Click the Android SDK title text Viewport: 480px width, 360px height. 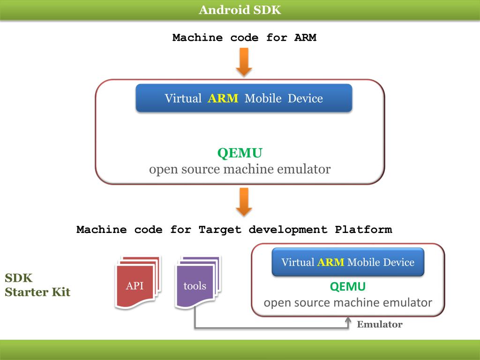(240, 10)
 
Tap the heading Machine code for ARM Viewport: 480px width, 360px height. (244, 37)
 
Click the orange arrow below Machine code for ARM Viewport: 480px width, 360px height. (244, 62)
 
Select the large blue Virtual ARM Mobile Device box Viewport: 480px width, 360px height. (244, 98)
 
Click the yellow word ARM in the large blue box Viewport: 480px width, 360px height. (223, 98)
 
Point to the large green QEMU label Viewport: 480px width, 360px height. (240, 153)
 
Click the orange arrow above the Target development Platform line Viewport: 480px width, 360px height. (244, 202)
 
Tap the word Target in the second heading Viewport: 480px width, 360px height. (220, 230)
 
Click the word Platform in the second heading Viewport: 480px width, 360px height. (363, 229)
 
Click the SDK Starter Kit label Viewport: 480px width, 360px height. (37, 285)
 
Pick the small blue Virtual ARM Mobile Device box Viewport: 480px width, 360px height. (348, 262)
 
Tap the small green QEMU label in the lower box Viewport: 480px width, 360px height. (348, 286)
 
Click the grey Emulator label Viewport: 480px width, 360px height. (380, 324)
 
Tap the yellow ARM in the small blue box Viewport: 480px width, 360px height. (330, 262)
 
